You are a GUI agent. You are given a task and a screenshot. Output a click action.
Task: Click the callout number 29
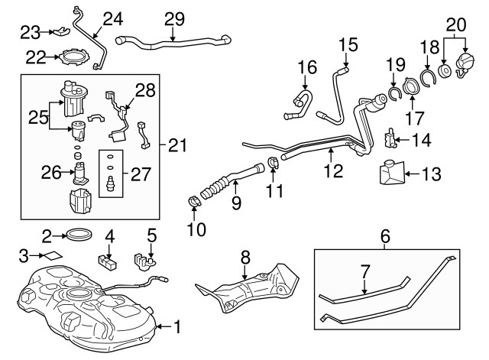tap(174, 17)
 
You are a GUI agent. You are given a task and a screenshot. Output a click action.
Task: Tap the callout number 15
tap(348, 45)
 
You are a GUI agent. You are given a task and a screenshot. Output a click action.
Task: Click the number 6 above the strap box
tap(385, 238)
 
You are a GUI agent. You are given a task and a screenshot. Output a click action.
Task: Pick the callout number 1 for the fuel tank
tap(177, 328)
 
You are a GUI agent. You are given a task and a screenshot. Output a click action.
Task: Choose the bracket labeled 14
tap(390, 139)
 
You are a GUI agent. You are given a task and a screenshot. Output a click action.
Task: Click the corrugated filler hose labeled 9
tap(220, 188)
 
